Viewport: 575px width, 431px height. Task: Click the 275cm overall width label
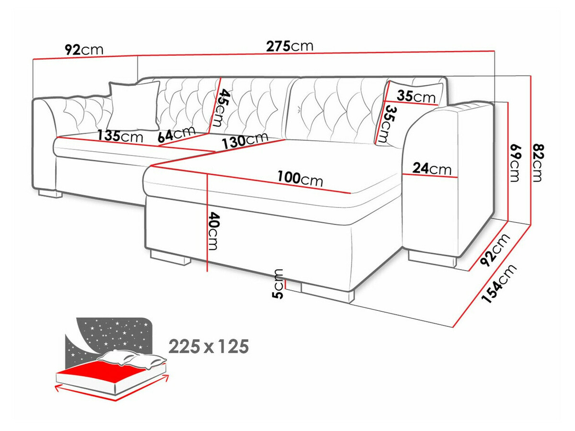click(x=290, y=46)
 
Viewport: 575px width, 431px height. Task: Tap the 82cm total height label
click(x=539, y=162)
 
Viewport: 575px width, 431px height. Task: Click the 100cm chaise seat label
click(x=300, y=179)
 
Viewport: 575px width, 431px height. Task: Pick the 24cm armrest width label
click(x=432, y=169)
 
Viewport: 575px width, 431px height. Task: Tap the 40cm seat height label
click(x=213, y=231)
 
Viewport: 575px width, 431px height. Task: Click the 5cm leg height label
click(x=278, y=284)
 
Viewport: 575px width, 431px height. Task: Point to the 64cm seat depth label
click(x=177, y=134)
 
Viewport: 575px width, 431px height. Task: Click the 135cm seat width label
click(x=120, y=136)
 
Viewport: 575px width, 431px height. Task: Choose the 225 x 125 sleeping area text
click(x=208, y=346)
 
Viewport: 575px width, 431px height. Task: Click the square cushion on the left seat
click(x=134, y=106)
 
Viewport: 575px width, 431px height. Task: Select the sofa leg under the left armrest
click(x=50, y=193)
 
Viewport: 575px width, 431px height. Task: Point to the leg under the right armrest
click(x=432, y=259)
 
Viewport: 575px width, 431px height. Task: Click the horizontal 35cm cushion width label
click(x=416, y=97)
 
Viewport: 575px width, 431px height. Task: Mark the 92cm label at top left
click(x=84, y=49)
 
